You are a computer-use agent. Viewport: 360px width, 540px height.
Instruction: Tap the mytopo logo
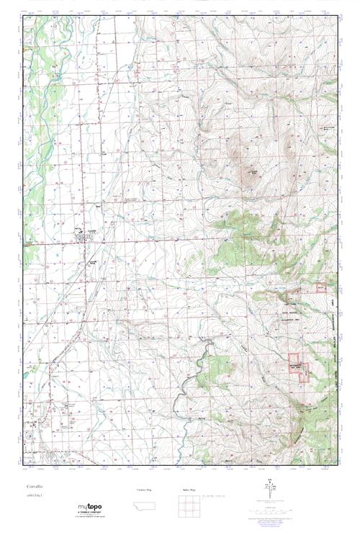pyautogui.click(x=89, y=507)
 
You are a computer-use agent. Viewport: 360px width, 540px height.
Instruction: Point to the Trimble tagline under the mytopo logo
pyautogui.click(x=89, y=514)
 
